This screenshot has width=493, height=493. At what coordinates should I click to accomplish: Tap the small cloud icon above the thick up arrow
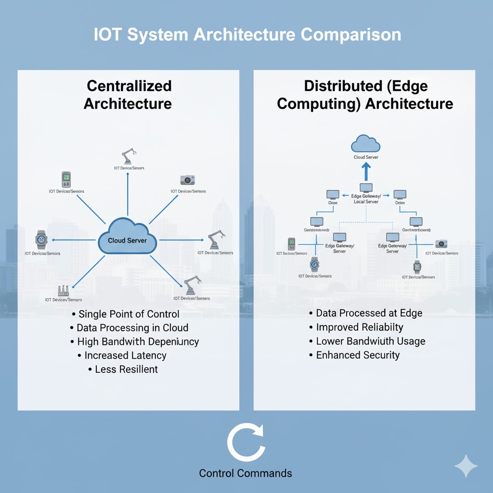366,143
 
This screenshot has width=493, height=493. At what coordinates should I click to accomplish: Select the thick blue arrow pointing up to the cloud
366,171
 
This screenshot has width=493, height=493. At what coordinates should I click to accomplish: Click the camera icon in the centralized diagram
187,180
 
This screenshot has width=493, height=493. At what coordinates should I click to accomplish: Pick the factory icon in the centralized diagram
64,290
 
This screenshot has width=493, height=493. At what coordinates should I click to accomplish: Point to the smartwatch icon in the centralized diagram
42,239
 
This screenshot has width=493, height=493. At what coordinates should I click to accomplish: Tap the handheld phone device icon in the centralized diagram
66,180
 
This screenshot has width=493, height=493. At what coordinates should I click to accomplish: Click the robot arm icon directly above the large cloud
129,157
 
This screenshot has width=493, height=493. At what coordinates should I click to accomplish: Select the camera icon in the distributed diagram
441,244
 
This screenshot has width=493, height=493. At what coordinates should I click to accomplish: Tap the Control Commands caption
246,473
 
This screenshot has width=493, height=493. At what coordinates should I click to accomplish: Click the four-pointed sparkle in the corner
466,466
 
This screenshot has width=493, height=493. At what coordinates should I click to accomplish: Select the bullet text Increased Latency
125,356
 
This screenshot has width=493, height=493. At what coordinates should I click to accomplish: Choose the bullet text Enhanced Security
358,355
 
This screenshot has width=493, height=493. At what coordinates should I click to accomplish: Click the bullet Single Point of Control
129,314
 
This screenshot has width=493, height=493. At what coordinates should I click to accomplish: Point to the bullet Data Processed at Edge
369,313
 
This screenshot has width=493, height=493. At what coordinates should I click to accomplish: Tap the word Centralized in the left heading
129,86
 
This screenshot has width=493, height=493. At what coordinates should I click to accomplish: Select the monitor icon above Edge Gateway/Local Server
366,188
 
